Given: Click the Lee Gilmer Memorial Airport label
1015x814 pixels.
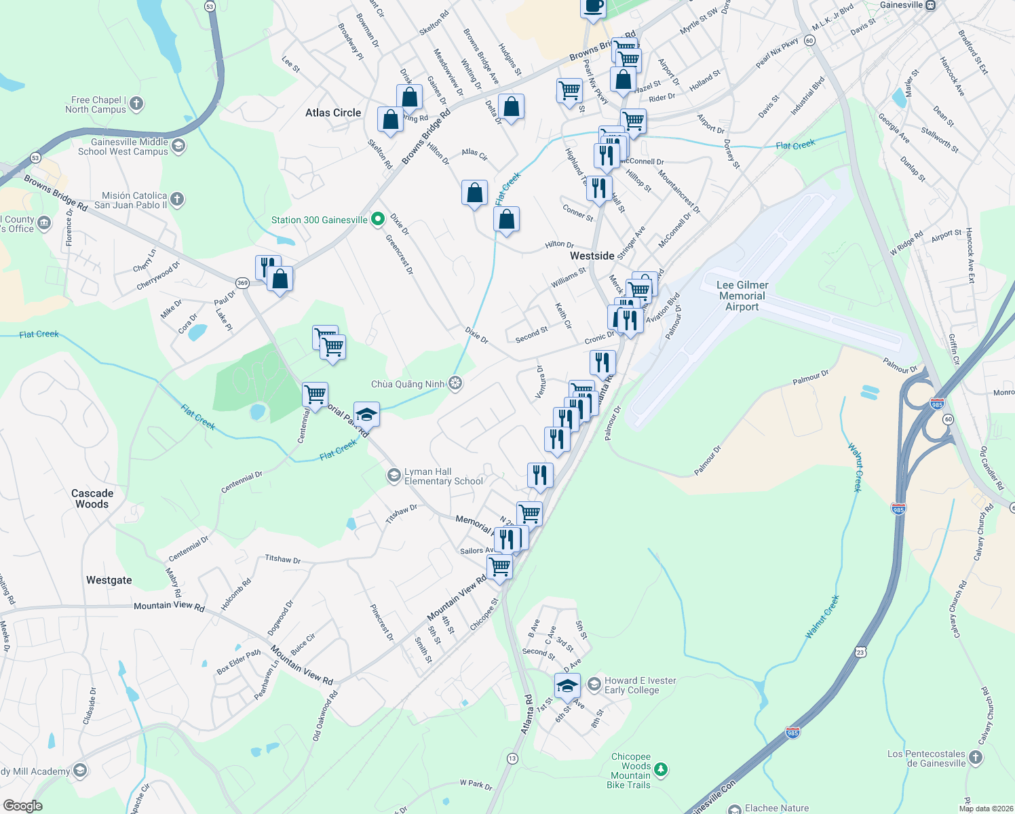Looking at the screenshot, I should pos(742,296).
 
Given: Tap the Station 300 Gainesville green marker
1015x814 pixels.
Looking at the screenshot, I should pos(379,220).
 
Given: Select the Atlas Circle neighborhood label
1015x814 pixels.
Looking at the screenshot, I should pos(333,113).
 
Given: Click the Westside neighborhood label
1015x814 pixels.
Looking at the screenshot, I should pos(592,256).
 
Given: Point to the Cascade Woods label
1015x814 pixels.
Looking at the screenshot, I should pos(92,499).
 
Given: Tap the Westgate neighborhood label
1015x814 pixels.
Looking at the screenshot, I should pos(109,580).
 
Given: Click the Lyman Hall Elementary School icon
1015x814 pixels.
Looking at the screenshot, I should pos(394,476).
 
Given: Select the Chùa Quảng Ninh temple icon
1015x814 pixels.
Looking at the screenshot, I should pos(455,384).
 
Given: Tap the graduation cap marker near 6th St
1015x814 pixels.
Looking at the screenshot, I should pos(567,686).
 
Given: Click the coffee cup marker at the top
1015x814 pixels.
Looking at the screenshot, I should pos(593,7).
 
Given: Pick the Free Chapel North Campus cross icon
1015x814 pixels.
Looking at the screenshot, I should pos(136,104).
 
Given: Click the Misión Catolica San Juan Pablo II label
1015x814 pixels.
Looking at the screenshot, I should pos(131,200).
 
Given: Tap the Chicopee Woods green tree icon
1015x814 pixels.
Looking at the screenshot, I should pos(661,770).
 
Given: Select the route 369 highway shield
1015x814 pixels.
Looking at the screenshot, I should pos(242,283).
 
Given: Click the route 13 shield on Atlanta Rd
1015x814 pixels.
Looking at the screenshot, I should pos(512,758).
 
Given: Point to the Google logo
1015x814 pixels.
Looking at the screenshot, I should pos(22,806).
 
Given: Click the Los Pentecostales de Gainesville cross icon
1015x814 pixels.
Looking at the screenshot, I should pos(976,758).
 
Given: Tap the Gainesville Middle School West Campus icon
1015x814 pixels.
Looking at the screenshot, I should pos(178,146).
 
